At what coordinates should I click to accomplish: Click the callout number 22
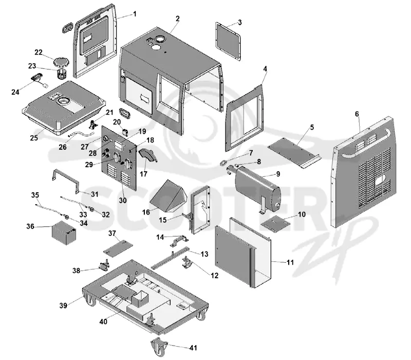(39, 52)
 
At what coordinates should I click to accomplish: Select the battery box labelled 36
(64, 233)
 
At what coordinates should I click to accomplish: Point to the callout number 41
(193, 348)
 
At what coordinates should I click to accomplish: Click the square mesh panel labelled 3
(228, 41)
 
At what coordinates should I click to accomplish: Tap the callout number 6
(357, 114)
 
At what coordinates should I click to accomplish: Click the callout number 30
(123, 200)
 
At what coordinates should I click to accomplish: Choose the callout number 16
(146, 212)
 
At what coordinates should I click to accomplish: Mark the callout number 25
(34, 137)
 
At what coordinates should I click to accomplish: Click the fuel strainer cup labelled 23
(61, 74)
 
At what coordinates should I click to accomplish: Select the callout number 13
(204, 254)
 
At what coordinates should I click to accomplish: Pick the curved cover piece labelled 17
(148, 155)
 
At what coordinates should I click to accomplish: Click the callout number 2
(178, 19)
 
